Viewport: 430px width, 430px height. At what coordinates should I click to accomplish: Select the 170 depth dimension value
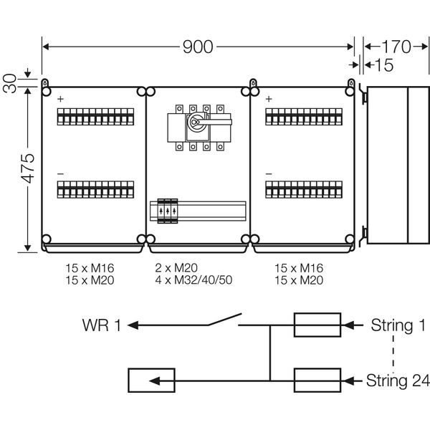click(x=395, y=47)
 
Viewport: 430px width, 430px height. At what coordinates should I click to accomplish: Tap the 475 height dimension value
click(x=27, y=168)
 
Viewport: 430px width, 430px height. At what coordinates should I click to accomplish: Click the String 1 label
click(x=391, y=326)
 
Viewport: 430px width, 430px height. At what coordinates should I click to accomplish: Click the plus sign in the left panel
click(x=60, y=99)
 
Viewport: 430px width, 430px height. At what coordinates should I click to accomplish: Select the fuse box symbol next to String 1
click(x=317, y=325)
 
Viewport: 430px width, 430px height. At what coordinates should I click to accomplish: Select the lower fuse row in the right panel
click(x=302, y=191)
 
